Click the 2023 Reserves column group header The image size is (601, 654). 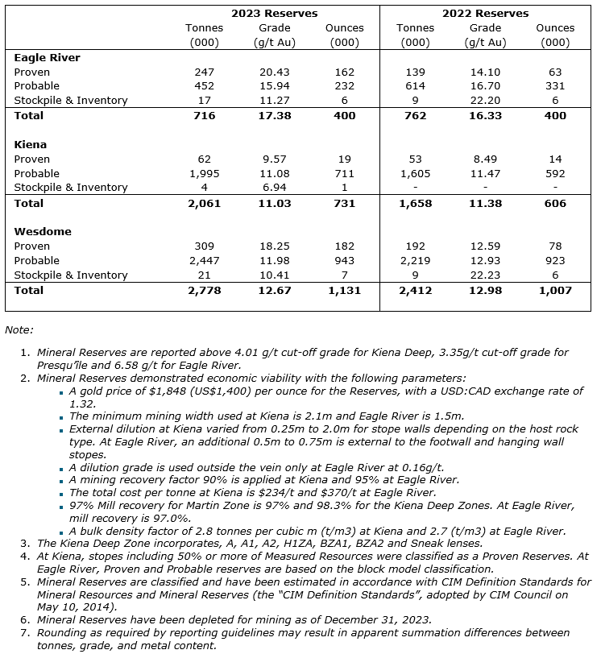click(x=274, y=13)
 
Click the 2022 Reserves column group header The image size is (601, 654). click(x=485, y=13)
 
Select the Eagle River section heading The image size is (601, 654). click(x=48, y=57)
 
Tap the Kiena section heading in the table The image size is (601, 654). click(x=30, y=144)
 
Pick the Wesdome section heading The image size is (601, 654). click(x=43, y=231)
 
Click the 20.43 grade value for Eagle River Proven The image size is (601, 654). click(x=274, y=72)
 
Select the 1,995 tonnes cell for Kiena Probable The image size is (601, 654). click(x=204, y=173)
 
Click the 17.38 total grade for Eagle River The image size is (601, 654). click(x=274, y=116)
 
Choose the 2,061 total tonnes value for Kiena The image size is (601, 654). click(x=204, y=203)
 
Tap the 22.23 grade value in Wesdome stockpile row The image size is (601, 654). click(x=485, y=275)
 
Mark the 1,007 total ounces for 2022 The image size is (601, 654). click(x=555, y=290)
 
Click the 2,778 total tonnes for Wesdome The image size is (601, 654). click(x=204, y=290)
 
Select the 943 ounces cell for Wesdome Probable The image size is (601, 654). click(x=344, y=260)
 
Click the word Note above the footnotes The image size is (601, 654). click(x=18, y=329)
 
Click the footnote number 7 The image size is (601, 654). click(x=24, y=633)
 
